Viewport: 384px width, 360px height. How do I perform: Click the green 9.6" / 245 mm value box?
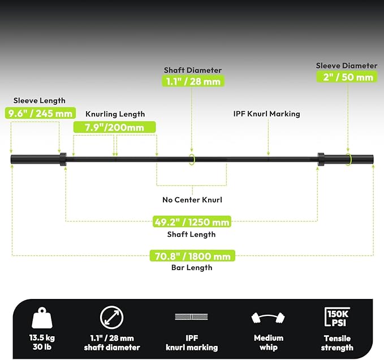point(40,113)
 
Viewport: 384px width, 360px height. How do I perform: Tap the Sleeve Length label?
point(40,101)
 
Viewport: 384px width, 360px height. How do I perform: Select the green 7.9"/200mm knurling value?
point(115,127)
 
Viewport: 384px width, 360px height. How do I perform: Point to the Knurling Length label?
point(115,114)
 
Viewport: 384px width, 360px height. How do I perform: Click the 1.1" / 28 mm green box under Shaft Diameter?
point(193,81)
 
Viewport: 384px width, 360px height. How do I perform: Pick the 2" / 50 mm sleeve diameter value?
point(348,77)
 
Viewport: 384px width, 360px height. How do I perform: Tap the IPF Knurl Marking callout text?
point(267,114)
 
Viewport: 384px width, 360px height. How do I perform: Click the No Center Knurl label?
point(192,199)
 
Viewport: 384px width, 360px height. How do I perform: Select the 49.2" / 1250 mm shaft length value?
point(192,222)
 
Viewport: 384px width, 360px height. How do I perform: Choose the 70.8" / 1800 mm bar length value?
point(192,256)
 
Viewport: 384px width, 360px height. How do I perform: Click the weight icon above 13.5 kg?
point(42,318)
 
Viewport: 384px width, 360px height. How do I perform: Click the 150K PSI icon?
point(337,317)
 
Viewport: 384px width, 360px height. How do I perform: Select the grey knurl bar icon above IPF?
point(192,316)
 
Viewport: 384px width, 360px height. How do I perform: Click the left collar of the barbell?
point(63,159)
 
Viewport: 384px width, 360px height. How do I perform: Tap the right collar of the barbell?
point(321,159)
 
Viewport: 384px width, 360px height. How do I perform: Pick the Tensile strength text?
point(337,343)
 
